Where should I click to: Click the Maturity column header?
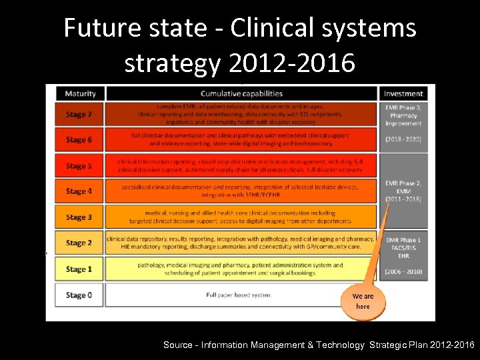[x=81, y=94]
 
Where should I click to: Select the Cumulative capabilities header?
[x=241, y=94]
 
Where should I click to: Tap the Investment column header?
[x=403, y=94]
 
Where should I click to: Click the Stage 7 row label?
[x=79, y=115]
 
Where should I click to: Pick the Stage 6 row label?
[x=79, y=140]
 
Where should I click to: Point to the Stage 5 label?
[x=79, y=166]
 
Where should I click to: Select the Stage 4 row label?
[x=79, y=191]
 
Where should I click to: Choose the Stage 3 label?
[x=79, y=217]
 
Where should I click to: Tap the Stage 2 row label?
[x=79, y=243]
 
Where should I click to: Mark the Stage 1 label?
[x=79, y=269]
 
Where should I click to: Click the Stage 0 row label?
[x=79, y=295]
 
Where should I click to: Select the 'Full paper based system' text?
[x=238, y=295]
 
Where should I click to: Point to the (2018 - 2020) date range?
[x=403, y=139]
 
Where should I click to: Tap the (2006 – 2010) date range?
[x=403, y=272]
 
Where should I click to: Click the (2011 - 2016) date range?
[x=403, y=198]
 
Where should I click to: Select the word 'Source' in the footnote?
[x=178, y=345]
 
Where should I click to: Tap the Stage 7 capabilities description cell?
[x=241, y=115]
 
